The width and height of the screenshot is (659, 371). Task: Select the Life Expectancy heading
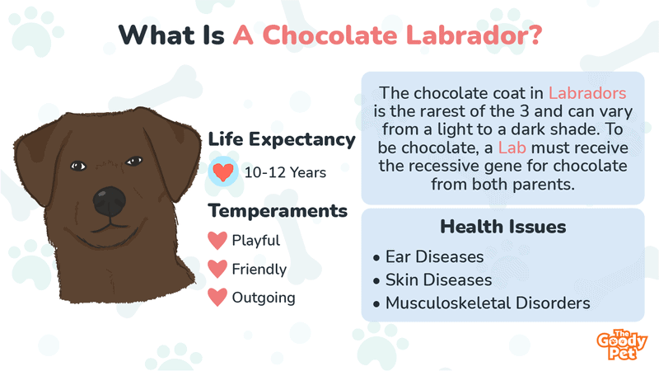click(282, 139)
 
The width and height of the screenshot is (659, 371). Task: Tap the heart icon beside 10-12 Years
click(222, 173)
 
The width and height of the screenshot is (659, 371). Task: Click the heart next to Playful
click(217, 241)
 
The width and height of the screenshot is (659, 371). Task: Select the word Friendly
click(259, 269)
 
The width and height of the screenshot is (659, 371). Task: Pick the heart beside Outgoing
click(217, 297)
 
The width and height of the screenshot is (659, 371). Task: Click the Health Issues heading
click(502, 226)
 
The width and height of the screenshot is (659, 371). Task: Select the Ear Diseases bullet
click(440, 256)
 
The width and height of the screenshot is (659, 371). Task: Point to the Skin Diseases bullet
click(445, 279)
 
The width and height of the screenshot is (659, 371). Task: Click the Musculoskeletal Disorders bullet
click(486, 303)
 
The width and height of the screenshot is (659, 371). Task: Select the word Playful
click(256, 241)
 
